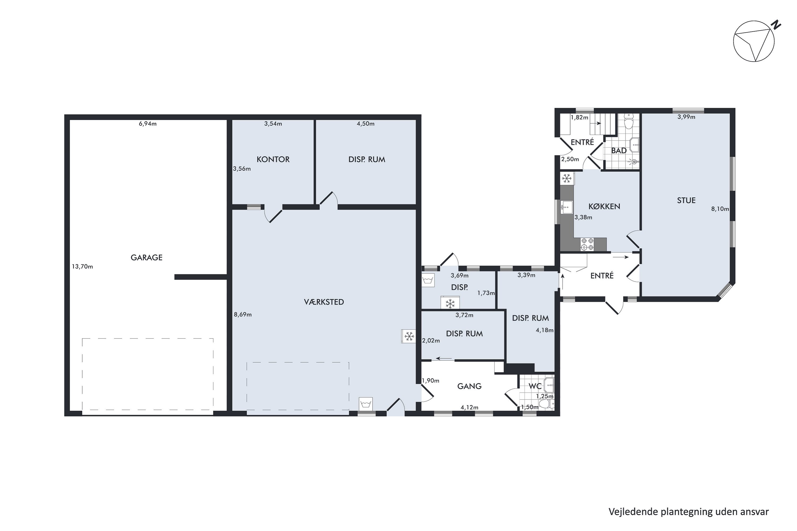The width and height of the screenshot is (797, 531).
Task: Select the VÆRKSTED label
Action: (324, 302)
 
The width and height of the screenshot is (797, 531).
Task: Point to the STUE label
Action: (686, 200)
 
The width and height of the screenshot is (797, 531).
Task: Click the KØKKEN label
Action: (604, 206)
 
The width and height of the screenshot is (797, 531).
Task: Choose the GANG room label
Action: (469, 386)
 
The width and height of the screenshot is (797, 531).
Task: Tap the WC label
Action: (535, 386)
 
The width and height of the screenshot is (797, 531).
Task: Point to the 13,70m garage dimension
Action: (82, 267)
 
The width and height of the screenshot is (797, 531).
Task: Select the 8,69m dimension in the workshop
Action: (243, 315)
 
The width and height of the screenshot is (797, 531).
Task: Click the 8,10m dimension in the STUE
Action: (720, 209)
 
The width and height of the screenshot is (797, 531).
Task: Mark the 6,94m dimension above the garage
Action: (148, 124)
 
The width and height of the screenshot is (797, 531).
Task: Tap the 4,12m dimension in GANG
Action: (469, 407)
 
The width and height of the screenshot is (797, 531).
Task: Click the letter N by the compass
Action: (776, 25)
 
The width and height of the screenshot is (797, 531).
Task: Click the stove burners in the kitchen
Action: (587, 244)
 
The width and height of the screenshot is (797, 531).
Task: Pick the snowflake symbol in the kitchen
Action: (567, 178)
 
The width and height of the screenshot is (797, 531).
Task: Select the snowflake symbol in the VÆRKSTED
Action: (409, 336)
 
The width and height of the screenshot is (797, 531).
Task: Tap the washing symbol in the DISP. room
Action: (428, 280)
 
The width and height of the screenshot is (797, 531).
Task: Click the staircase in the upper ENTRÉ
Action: (603, 124)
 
